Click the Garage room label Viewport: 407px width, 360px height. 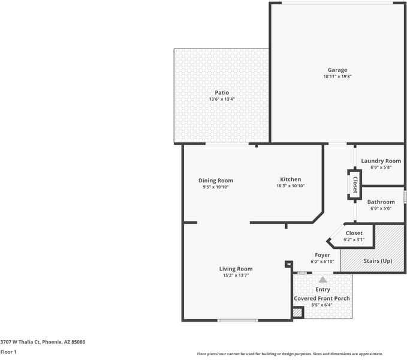[337, 70]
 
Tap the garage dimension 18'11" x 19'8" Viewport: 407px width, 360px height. [337, 77]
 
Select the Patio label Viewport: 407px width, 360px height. [222, 92]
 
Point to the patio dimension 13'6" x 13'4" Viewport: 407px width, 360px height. [222, 99]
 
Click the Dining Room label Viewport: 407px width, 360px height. [216, 180]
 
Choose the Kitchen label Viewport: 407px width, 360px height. [290, 179]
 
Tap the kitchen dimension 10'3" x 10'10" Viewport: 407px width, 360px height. [290, 186]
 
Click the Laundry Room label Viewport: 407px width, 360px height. [381, 161]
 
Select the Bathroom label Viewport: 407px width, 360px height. [381, 202]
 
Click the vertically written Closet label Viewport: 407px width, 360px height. [355, 183]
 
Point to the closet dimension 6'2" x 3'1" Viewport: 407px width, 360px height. [354, 239]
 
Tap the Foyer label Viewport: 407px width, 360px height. [322, 255]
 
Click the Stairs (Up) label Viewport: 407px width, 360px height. [378, 262]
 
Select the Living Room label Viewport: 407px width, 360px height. [236, 269]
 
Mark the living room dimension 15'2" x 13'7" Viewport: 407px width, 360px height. [236, 275]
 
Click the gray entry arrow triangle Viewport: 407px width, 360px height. [322, 279]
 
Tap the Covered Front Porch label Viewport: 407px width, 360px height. [322, 298]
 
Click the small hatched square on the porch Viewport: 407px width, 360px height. [297, 313]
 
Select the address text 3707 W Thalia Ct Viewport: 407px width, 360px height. [24, 341]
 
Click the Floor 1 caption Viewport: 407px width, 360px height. [8, 352]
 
